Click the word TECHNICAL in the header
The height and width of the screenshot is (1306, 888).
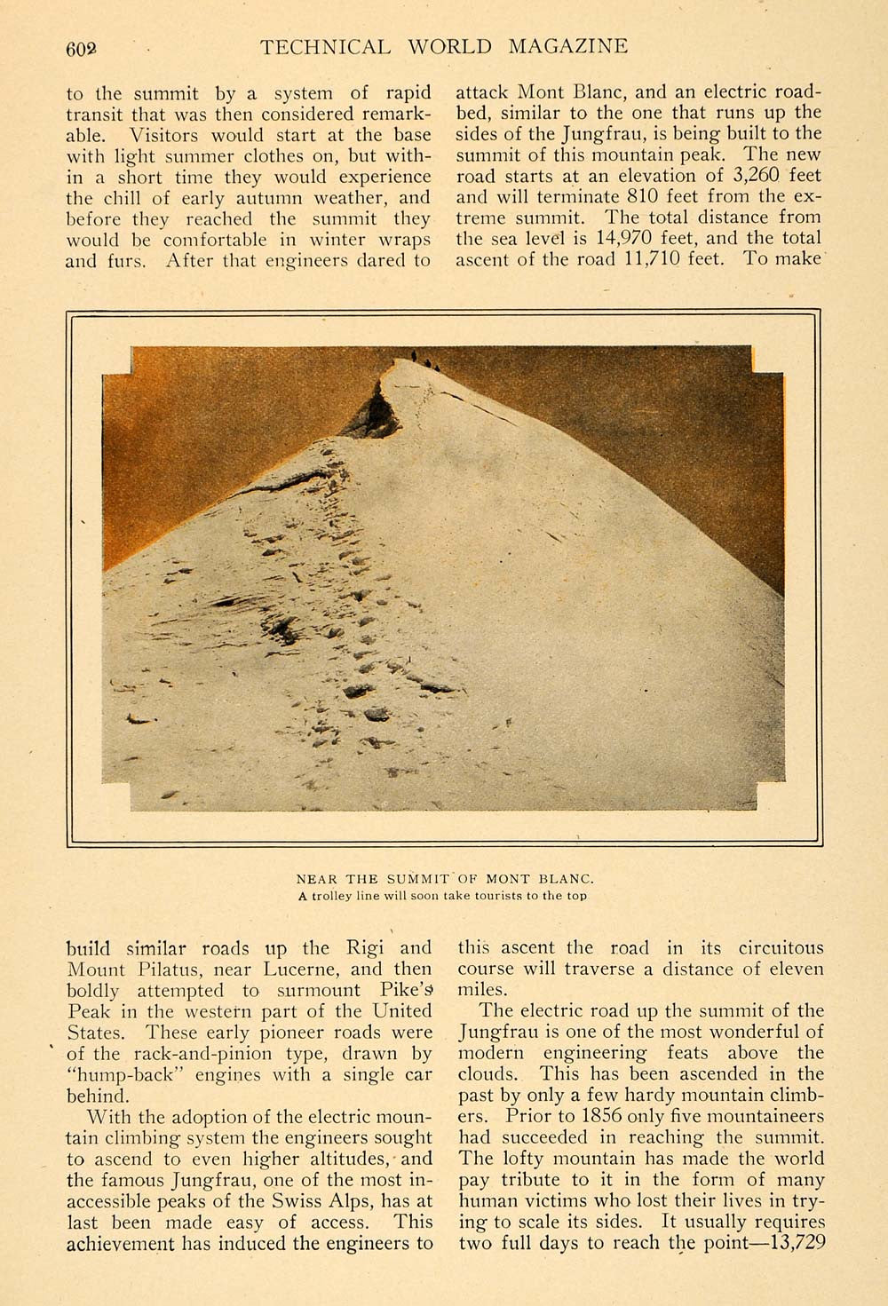coord(324,47)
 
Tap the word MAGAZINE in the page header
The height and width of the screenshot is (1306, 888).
coord(568,47)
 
